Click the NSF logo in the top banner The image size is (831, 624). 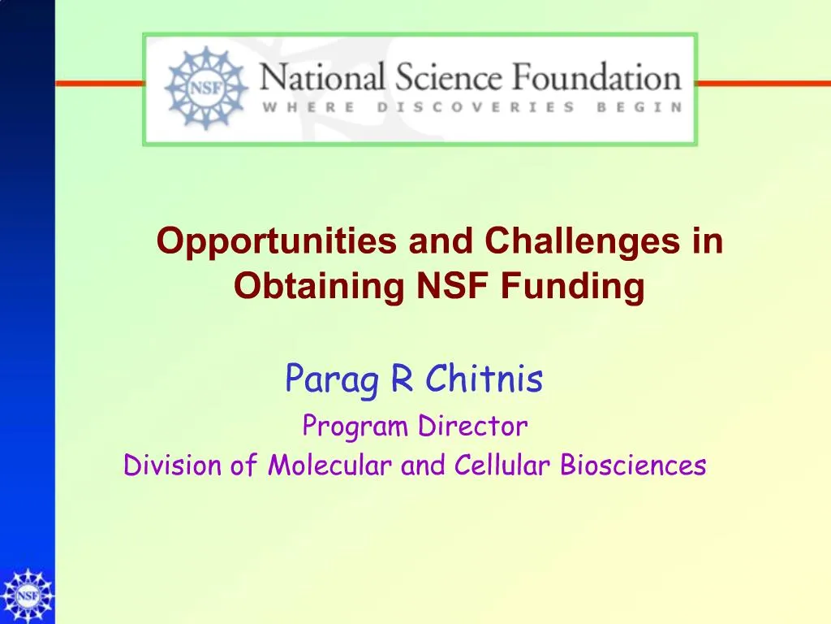click(x=206, y=88)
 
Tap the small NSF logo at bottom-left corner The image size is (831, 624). click(x=27, y=596)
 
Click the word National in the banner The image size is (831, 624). click(x=322, y=79)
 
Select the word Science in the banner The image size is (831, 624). click(x=447, y=79)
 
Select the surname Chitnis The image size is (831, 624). click(x=484, y=378)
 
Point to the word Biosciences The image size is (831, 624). click(x=633, y=466)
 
